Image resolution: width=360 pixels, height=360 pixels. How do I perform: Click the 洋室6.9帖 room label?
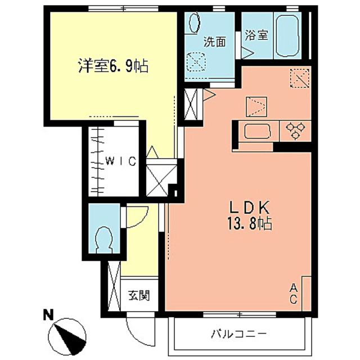tap(112, 66)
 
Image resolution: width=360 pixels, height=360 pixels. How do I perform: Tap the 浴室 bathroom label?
tap(256, 35)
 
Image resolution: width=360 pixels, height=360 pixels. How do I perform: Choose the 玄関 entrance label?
tap(138, 295)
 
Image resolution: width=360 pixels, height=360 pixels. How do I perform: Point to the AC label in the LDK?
tap(293, 293)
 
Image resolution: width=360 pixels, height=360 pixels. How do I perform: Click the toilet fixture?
tap(105, 239)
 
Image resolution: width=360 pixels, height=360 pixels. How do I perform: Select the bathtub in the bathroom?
tap(290, 35)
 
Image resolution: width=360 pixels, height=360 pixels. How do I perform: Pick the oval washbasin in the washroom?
tap(193, 24)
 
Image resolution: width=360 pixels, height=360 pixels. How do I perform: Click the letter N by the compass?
tap(48, 316)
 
